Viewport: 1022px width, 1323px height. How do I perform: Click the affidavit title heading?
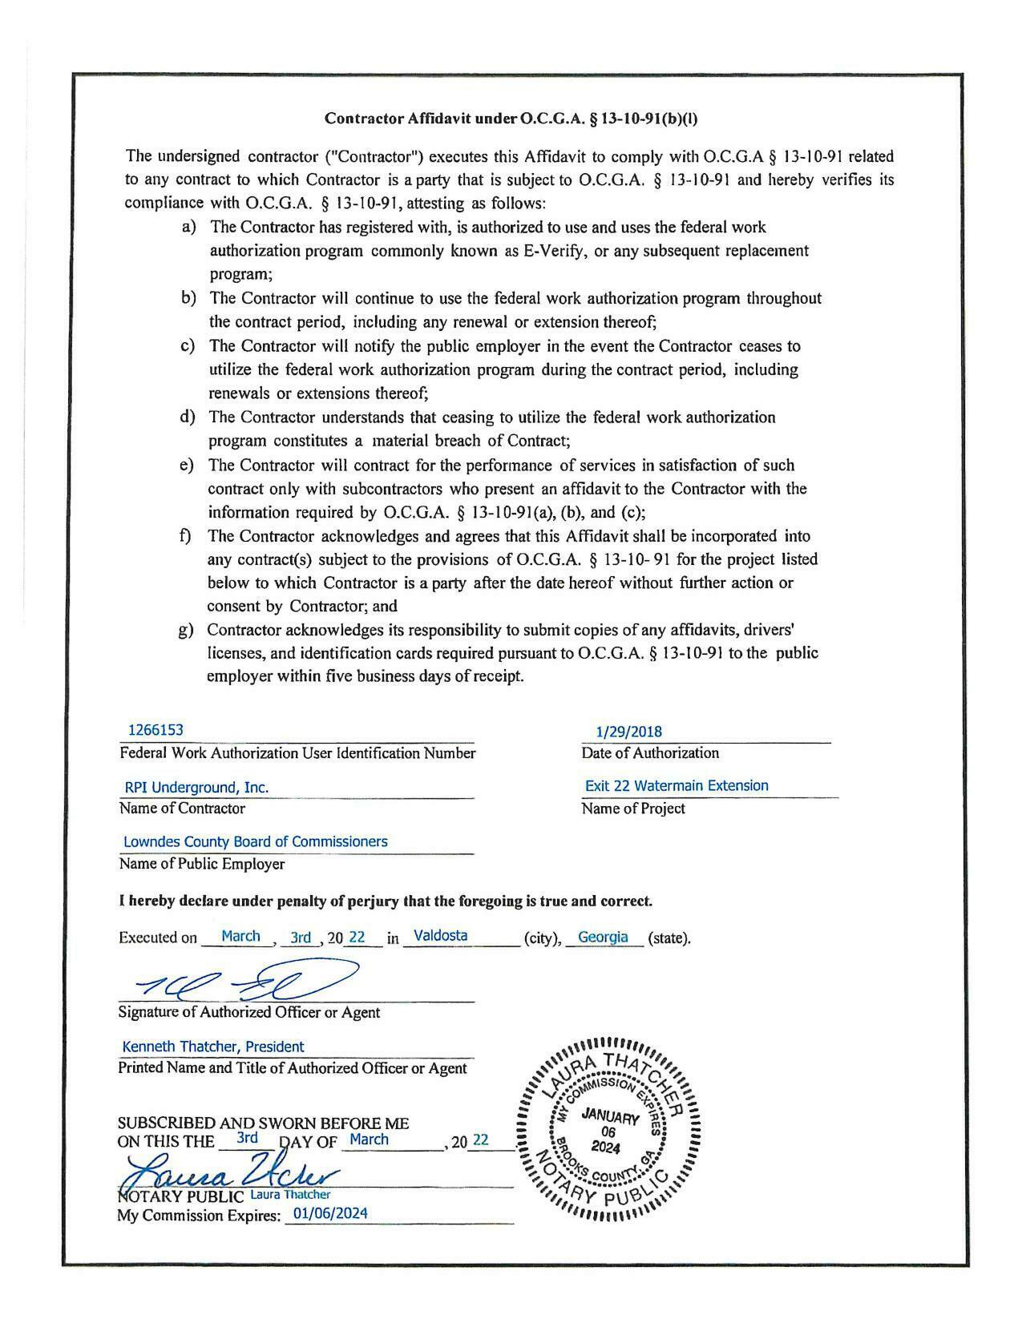pyautogui.click(x=511, y=119)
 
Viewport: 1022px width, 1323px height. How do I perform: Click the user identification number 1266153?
pyautogui.click(x=156, y=730)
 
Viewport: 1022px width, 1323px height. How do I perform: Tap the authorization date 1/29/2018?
pyautogui.click(x=628, y=732)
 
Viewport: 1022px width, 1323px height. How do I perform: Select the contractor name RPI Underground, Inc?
pyautogui.click(x=196, y=788)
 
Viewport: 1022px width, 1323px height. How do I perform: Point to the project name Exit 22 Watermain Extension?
pyautogui.click(x=676, y=786)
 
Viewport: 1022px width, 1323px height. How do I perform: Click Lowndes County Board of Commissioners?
pyautogui.click(x=255, y=842)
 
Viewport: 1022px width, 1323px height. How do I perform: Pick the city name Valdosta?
pyautogui.click(x=440, y=935)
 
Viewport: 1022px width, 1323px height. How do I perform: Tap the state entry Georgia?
pyautogui.click(x=603, y=937)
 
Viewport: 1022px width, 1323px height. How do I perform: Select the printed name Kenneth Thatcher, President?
pyautogui.click(x=212, y=1047)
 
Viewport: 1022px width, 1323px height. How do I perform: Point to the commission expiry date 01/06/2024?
pyautogui.click(x=330, y=1213)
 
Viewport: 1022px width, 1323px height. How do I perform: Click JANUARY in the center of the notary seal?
pyautogui.click(x=610, y=1116)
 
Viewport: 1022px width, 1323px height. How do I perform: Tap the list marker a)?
pyautogui.click(x=189, y=228)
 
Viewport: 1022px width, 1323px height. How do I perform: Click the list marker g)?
pyautogui.click(x=185, y=630)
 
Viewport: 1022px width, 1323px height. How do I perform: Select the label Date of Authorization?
pyautogui.click(x=650, y=753)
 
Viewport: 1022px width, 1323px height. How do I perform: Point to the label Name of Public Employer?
pyautogui.click(x=201, y=864)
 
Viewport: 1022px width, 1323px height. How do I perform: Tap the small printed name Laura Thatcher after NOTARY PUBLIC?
pyautogui.click(x=290, y=1195)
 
